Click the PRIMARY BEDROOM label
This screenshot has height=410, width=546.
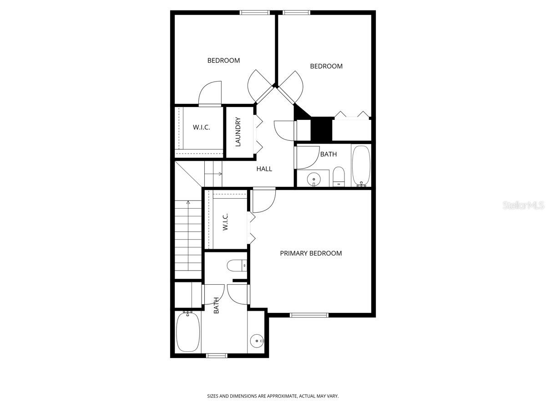click(x=311, y=253)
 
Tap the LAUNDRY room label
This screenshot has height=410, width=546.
click(x=238, y=132)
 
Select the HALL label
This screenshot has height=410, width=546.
click(x=264, y=169)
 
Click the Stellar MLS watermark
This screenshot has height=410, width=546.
click(x=523, y=205)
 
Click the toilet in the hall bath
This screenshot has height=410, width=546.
click(x=339, y=176)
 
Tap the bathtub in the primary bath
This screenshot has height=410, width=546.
click(x=187, y=331)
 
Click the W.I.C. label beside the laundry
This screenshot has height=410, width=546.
click(x=201, y=128)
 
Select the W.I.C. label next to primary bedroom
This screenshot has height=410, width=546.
click(x=226, y=222)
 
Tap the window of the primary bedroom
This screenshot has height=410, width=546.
click(x=309, y=314)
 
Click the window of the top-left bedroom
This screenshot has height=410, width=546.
click(x=255, y=13)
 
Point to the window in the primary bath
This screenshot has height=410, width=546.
click(x=217, y=355)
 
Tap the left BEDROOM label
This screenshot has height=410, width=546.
click(x=223, y=61)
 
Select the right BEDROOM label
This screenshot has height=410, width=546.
click(x=326, y=67)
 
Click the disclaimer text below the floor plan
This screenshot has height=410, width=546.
click(x=273, y=396)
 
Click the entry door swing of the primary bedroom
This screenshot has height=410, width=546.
click(x=264, y=200)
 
